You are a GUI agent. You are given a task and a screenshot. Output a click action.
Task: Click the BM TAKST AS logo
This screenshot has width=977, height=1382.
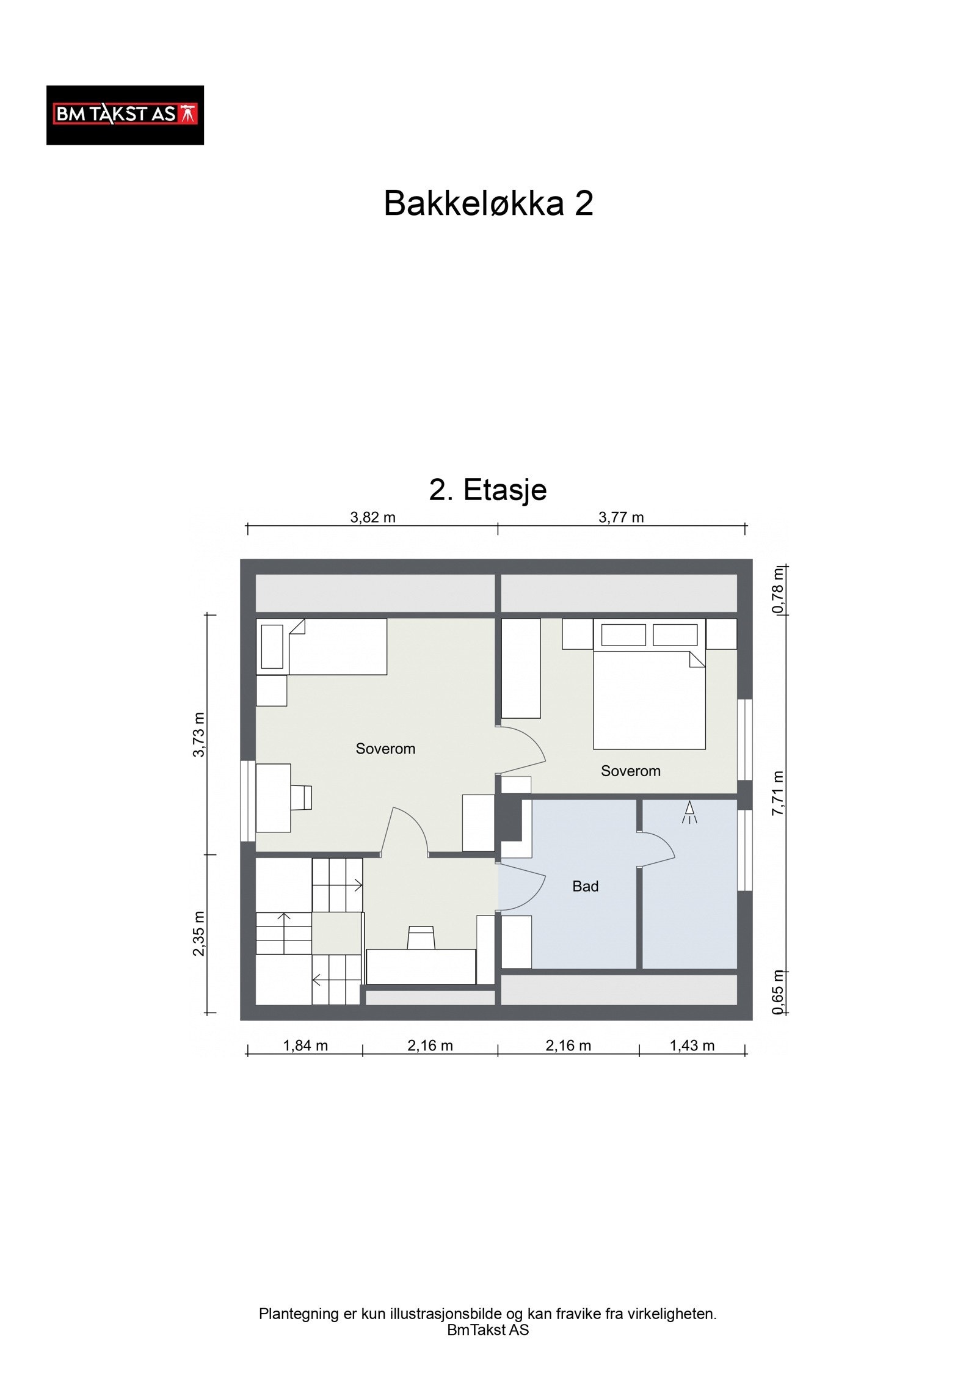tap(125, 115)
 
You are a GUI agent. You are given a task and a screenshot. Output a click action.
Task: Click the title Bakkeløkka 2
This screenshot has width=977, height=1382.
tap(488, 203)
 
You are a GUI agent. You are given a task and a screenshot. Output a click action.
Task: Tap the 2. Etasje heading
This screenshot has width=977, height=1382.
tap(487, 489)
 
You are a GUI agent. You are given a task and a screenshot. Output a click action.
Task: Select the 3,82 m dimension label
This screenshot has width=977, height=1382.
tap(372, 518)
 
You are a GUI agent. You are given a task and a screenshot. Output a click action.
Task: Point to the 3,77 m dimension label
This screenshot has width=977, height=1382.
tap(620, 518)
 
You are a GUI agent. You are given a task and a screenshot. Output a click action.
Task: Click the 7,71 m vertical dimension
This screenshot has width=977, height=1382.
tap(777, 793)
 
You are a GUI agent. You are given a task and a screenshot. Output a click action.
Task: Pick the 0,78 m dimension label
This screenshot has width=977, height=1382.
tap(777, 591)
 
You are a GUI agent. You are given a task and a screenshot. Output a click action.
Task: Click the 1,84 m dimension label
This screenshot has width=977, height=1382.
tap(305, 1046)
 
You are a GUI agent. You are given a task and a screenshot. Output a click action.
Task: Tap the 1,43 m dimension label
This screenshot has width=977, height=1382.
tap(692, 1046)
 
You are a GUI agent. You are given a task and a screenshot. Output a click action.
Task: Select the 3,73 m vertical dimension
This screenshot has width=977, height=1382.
tap(199, 734)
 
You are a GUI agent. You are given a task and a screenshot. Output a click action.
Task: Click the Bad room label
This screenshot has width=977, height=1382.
tap(585, 886)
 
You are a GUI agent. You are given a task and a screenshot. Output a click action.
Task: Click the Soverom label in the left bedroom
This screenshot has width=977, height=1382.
tap(385, 749)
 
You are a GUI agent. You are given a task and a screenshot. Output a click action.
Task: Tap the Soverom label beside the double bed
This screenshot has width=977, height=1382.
tap(630, 771)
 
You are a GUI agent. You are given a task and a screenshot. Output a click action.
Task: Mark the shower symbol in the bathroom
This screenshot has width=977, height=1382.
tap(689, 813)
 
